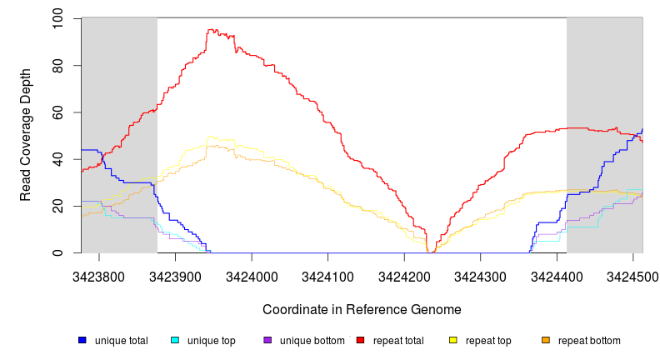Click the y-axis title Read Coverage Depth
click(27, 136)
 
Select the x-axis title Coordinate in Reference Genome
click(362, 309)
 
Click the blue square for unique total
click(82, 341)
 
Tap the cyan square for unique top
click(175, 341)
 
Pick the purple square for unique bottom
click(267, 341)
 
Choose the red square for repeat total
click(360, 341)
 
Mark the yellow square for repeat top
click(453, 341)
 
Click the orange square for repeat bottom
click(546, 341)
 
